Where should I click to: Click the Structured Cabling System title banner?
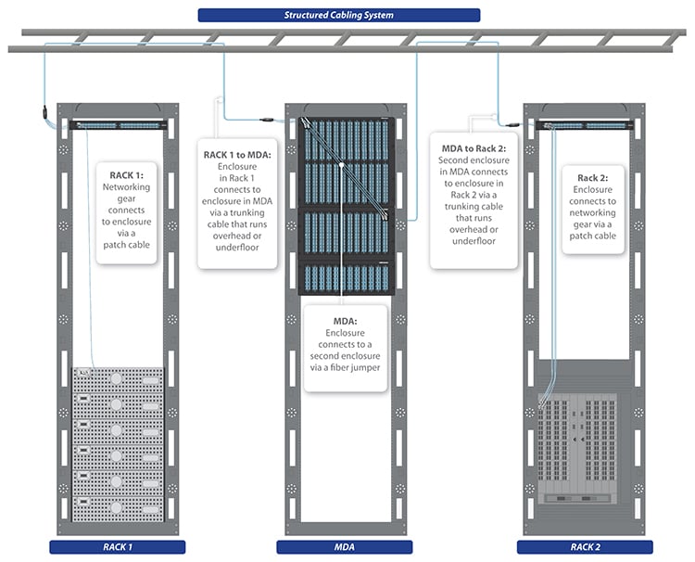[x=339, y=15]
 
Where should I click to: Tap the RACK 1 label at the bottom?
[x=117, y=547]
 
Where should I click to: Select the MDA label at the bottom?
[x=345, y=547]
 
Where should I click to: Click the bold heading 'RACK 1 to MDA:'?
[x=237, y=154]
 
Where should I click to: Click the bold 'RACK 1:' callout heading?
[x=133, y=173]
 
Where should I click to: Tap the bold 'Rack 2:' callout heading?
[x=593, y=177]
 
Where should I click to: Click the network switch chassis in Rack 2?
[x=585, y=449]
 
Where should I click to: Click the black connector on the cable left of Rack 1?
[x=40, y=113]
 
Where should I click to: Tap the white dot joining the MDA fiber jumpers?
[x=342, y=164]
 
